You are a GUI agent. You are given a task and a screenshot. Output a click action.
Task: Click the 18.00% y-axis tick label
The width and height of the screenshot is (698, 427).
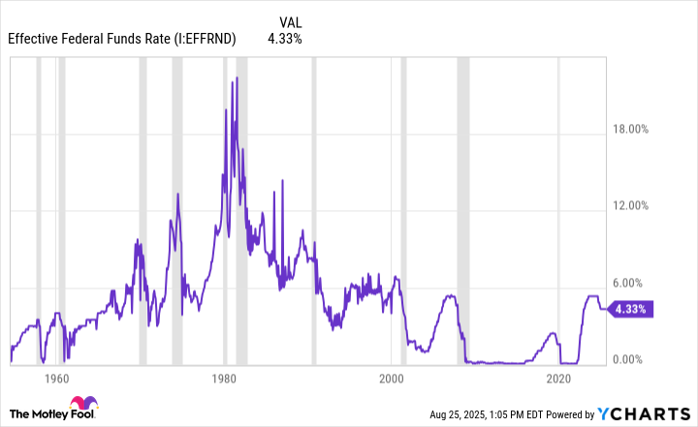(x=636, y=129)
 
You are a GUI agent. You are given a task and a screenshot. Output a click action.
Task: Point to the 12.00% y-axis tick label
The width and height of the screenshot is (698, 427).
(x=636, y=205)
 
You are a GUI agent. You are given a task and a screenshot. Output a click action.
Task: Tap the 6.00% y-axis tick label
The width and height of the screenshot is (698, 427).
(x=639, y=283)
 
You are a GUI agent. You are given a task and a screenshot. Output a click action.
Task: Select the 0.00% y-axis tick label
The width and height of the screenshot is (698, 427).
(x=639, y=360)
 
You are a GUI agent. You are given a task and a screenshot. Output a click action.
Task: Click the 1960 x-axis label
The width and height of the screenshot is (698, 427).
(x=56, y=379)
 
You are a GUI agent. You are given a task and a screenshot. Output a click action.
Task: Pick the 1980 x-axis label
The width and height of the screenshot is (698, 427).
(x=224, y=379)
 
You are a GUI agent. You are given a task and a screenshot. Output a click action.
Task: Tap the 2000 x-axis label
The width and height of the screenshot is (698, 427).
(x=392, y=379)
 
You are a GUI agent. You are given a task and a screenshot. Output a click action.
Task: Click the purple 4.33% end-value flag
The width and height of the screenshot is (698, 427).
(x=632, y=309)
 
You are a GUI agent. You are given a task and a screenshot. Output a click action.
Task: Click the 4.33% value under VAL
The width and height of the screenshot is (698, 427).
(x=285, y=39)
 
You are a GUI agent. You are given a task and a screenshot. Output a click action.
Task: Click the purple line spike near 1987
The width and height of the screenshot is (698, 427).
(x=282, y=181)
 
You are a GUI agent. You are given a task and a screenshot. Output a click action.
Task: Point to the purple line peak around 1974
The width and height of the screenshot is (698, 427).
(x=177, y=195)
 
